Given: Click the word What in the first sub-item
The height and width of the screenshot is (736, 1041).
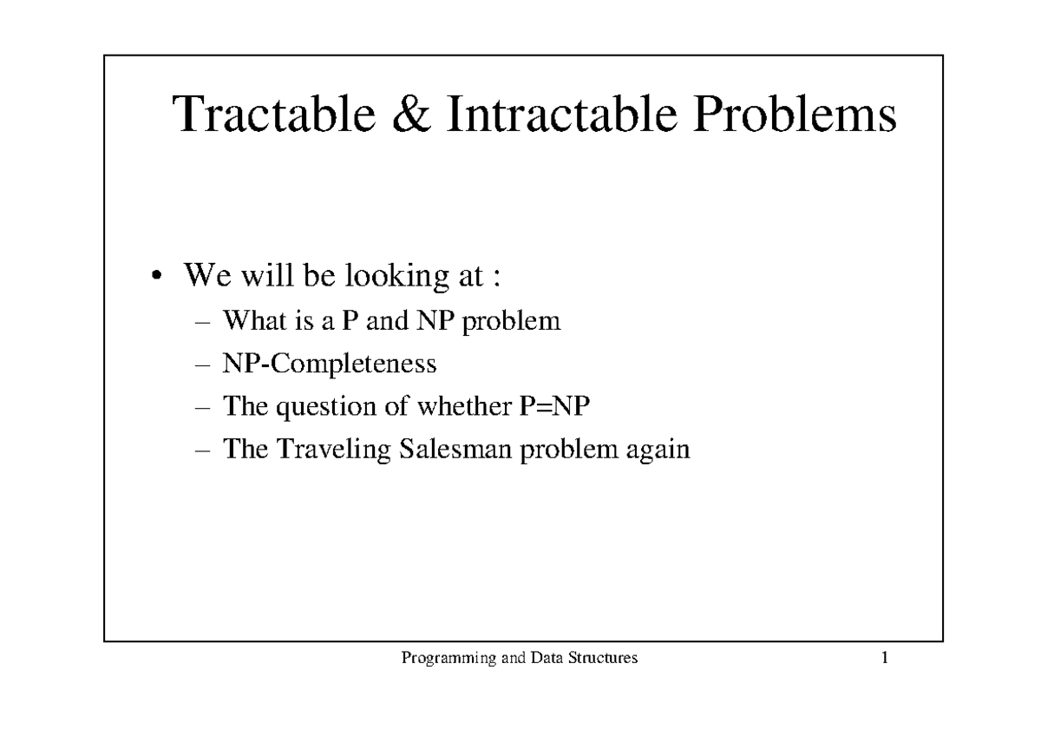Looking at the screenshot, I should coord(250,321).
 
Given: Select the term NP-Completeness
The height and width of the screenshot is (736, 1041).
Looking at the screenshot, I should coord(330,364).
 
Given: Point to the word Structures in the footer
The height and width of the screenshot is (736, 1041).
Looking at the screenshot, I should coord(605,658).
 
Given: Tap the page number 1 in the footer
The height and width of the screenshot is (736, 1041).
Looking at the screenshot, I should coord(885,658).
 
